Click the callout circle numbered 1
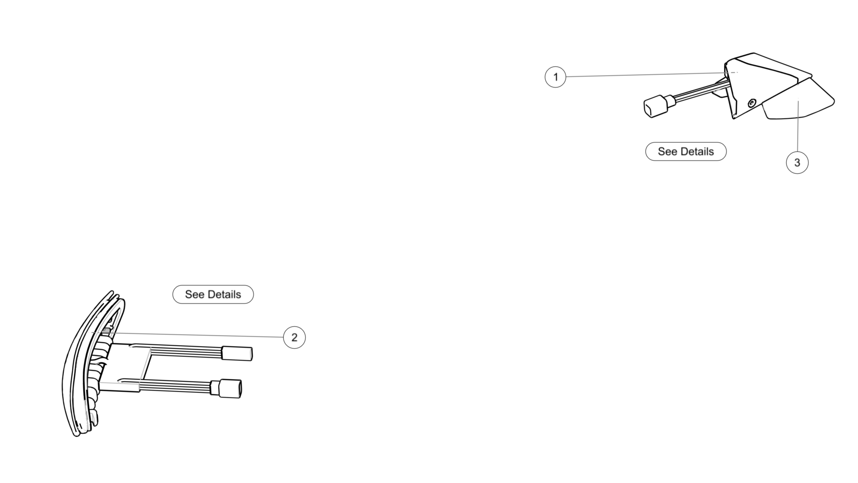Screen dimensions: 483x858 tap(555, 77)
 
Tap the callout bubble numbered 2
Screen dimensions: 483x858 tap(294, 337)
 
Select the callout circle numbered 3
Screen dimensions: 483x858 tap(797, 163)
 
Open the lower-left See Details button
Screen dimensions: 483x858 tap(213, 294)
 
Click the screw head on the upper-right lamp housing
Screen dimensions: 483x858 tap(752, 103)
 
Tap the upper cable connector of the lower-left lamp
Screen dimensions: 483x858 tap(237, 353)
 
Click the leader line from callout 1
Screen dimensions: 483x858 tap(642, 75)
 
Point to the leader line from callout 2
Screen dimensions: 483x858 tap(198, 335)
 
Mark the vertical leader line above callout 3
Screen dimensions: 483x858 tap(797, 128)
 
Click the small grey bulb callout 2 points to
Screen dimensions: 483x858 tap(106, 331)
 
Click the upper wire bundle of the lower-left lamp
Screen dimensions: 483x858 tap(185, 351)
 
